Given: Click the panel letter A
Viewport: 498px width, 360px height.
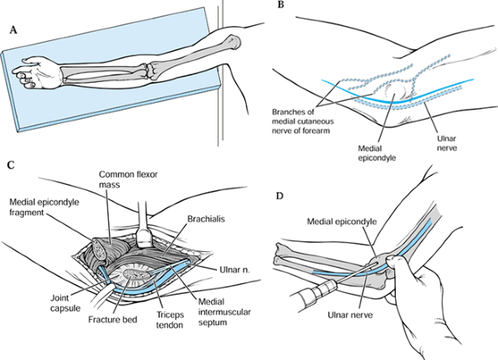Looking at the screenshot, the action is (x=13, y=30).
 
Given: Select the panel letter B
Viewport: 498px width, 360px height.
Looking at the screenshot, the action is (x=280, y=5).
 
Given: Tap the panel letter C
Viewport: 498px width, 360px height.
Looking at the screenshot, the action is (x=11, y=165).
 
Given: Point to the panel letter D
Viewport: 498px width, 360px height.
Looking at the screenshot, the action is (x=280, y=196).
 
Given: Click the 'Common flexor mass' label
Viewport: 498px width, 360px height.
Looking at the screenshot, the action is (x=128, y=179).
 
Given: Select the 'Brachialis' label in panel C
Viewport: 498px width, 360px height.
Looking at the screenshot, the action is (x=206, y=219).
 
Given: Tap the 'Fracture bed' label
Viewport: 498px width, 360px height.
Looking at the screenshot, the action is (x=113, y=319).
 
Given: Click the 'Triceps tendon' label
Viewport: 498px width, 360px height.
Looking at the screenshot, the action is (x=170, y=320).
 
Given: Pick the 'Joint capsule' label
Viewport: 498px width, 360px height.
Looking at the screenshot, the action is (x=65, y=303).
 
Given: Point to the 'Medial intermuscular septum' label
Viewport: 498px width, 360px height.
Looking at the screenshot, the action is (x=224, y=312).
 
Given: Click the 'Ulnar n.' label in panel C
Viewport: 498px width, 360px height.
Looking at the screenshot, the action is (x=234, y=270).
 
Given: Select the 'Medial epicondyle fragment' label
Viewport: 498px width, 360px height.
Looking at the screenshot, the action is (x=44, y=207).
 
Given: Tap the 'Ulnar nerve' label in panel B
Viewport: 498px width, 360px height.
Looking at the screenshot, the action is (x=447, y=143).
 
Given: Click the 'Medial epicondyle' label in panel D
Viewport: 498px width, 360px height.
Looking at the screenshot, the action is (x=341, y=222).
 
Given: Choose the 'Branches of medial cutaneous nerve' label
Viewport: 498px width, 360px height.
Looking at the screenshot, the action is (x=303, y=121).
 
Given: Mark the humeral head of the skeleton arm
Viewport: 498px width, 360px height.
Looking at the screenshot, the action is (x=234, y=41).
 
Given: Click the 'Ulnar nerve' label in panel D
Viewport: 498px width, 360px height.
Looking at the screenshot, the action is (x=351, y=315).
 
